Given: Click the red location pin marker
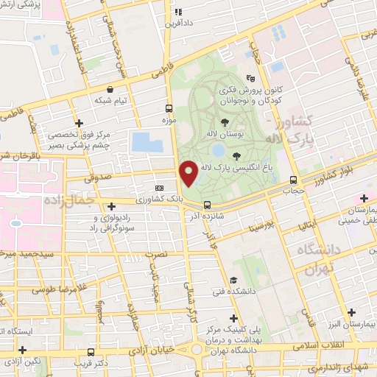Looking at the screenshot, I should (189, 173).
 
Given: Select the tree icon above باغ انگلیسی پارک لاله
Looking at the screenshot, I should (236, 155).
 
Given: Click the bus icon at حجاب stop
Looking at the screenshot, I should (294, 180).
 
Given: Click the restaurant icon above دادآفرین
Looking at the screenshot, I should (177, 12).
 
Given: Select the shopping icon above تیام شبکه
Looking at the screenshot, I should (110, 88).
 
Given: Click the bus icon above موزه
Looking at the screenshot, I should (169, 107).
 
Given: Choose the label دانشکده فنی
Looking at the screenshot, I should (233, 291).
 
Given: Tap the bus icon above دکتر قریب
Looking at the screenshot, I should (91, 352).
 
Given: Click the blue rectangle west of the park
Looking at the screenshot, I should (147, 141).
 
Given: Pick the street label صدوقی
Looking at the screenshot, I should (97, 177).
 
